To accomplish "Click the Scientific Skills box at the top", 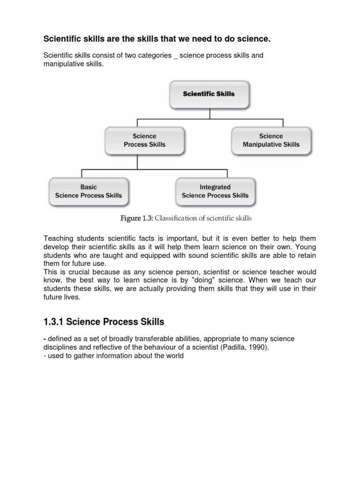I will (x=209, y=94).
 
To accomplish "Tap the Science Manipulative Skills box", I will (x=270, y=140).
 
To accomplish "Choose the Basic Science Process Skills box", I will (x=89, y=191).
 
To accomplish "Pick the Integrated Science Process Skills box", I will (x=215, y=191).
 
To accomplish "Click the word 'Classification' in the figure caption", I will (x=175, y=218).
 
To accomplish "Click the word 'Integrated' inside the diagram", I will (x=215, y=187).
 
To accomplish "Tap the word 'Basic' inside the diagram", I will (x=89, y=187).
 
